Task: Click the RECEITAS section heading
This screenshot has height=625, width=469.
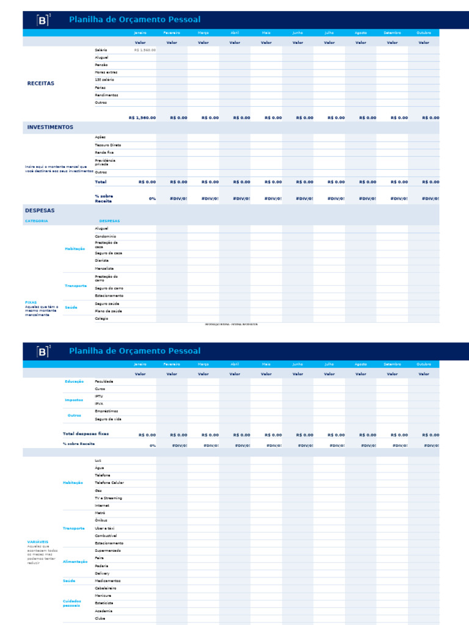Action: tap(41, 83)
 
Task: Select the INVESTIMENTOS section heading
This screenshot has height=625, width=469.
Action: tap(50, 128)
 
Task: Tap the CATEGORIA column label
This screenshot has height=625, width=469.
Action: tap(37, 221)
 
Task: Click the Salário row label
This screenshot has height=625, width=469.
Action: tap(101, 50)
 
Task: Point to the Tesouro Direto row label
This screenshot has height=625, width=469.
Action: tap(107, 145)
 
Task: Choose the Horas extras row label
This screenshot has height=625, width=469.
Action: tap(106, 72)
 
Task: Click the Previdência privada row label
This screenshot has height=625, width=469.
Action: tap(105, 162)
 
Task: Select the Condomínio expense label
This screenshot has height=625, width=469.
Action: tap(105, 236)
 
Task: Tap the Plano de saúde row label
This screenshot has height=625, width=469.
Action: tap(107, 311)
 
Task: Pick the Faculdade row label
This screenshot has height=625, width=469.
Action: tap(104, 381)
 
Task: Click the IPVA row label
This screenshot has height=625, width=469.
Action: tap(99, 404)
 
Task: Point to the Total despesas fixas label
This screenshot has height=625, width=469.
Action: tap(85, 433)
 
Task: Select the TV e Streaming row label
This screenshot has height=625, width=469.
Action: tap(108, 498)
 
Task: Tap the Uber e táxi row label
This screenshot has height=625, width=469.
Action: tap(104, 528)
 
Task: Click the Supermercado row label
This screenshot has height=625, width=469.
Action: tap(108, 551)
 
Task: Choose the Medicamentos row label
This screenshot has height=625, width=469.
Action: tap(107, 581)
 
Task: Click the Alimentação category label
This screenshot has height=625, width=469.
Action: tap(75, 562)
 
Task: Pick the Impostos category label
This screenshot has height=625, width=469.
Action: tap(75, 400)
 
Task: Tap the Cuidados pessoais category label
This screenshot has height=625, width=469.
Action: tap(71, 604)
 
